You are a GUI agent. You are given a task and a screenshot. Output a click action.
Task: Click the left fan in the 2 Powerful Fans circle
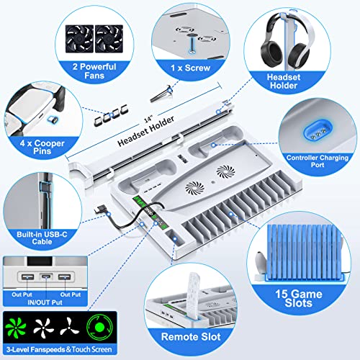coord(79,39)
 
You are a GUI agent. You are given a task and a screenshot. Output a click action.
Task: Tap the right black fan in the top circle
coord(109,39)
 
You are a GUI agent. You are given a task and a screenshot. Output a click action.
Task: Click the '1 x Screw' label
coord(191,68)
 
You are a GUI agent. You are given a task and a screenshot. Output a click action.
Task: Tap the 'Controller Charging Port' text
coord(318,161)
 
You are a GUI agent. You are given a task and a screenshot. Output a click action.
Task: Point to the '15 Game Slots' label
coord(299,298)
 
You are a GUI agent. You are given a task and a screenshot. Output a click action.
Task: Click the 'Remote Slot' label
coord(191,336)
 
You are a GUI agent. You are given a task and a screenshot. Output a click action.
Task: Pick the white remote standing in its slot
coord(194,296)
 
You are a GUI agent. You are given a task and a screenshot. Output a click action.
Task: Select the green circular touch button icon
coord(99,327)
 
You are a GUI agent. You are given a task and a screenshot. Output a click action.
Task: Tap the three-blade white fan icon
coord(70,327)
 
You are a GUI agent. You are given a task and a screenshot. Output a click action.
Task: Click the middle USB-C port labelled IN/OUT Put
coord(46,276)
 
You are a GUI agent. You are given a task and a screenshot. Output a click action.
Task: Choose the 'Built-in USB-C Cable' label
coord(42,238)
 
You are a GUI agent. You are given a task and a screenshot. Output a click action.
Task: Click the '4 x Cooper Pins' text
coord(42,147)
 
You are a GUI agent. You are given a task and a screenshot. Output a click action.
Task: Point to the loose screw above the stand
coord(161,94)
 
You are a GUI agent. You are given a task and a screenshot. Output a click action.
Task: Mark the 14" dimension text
coord(148,120)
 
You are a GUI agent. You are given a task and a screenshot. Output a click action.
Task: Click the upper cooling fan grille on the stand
coord(225,172)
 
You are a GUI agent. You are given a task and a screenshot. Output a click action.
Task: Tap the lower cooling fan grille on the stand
coord(195,188)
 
